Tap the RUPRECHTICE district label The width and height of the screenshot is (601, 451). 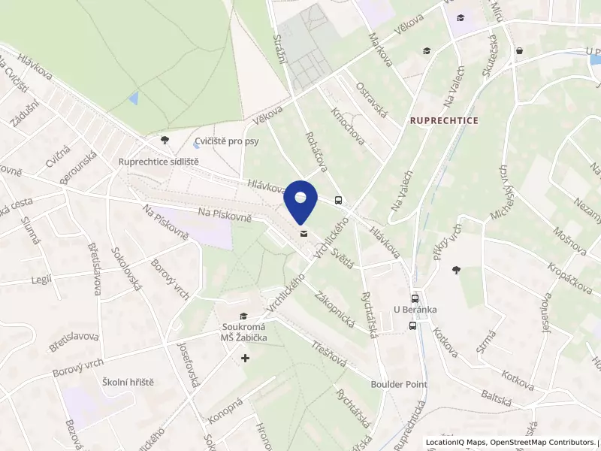(444, 120)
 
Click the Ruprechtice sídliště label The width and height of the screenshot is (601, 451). (159, 162)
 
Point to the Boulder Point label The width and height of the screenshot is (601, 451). (399, 384)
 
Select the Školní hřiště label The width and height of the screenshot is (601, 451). (128, 383)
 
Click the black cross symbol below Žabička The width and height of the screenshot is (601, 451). (245, 359)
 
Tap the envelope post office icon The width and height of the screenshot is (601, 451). (303, 234)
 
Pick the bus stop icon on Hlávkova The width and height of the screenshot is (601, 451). (339, 201)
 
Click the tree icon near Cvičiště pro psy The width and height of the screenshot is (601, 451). (165, 140)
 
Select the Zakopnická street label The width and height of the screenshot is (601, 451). (335, 307)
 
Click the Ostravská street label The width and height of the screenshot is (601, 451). (371, 100)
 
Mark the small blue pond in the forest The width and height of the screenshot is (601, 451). (134, 98)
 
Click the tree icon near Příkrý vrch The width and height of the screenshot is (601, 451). (455, 269)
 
